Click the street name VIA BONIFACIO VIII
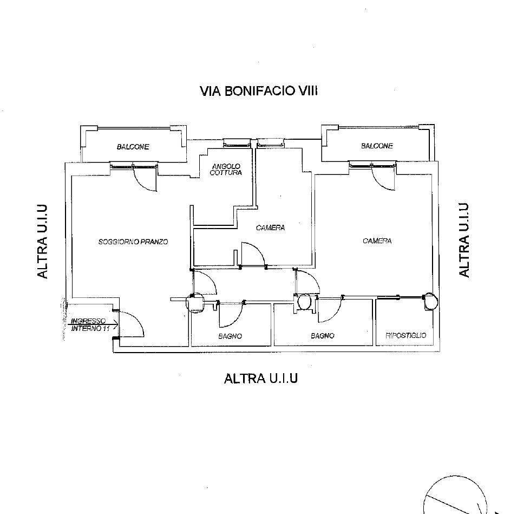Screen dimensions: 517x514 (258, 91)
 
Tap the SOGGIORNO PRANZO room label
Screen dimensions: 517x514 (133, 242)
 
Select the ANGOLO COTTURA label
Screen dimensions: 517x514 (226, 169)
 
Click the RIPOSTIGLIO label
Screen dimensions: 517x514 (406, 335)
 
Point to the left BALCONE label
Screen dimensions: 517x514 (133, 147)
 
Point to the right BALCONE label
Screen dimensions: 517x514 (377, 146)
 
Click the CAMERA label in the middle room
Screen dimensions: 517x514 (270, 227)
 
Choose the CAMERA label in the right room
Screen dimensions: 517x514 (377, 241)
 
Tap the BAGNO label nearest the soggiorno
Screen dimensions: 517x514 (230, 336)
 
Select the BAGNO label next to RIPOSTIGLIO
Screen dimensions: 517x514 (323, 336)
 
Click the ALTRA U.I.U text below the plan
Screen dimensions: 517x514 (261, 379)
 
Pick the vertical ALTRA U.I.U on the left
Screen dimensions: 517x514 (43, 242)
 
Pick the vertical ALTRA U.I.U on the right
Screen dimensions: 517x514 (463, 240)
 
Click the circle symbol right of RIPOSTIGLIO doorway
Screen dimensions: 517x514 (431, 301)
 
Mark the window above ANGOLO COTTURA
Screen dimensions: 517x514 (236, 143)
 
